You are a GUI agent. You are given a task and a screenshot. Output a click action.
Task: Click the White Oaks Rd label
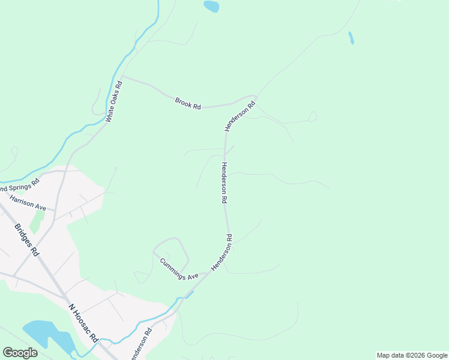tap(114, 102)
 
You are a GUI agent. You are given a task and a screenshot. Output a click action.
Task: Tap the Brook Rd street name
tap(188, 103)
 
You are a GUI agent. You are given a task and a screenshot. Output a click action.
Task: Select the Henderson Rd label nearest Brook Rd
tap(240, 116)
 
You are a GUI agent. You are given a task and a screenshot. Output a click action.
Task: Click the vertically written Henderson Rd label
tap(224, 182)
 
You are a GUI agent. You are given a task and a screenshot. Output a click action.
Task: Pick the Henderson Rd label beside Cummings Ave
tap(221, 252)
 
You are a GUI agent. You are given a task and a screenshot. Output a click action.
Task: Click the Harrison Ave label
tap(28, 202)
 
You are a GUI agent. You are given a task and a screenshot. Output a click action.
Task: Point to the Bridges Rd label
tap(26, 239)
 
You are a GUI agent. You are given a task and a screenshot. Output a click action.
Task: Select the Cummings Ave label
tap(179, 269)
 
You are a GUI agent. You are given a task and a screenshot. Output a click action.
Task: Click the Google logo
tap(20, 353)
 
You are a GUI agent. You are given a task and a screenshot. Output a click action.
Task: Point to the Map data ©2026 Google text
tap(412, 355)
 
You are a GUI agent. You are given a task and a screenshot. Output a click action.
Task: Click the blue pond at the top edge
tap(211, 7)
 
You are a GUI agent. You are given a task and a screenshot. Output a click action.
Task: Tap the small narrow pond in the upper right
tap(351, 38)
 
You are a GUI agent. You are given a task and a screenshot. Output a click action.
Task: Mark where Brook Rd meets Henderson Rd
tap(256, 96)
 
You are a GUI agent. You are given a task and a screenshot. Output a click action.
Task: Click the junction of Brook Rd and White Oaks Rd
tap(123, 78)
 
